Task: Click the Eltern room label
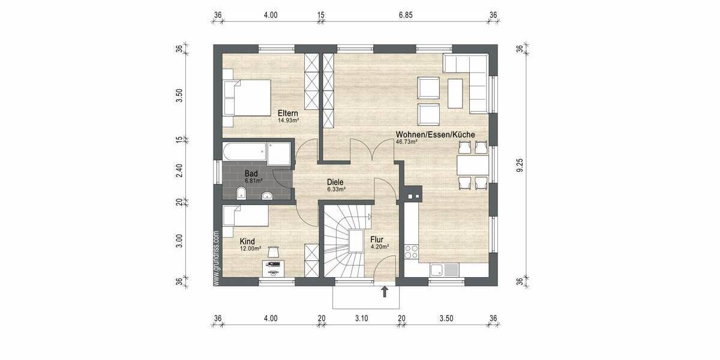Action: pyautogui.click(x=288, y=113)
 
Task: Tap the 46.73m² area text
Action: pyautogui.click(x=406, y=143)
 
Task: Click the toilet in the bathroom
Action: pyautogui.click(x=241, y=193)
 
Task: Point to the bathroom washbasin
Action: pyautogui.click(x=267, y=194)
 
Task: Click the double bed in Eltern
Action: pyautogui.click(x=246, y=98)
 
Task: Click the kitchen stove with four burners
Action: pyautogui.click(x=412, y=252)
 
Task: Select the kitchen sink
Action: pyautogui.click(x=445, y=270)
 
